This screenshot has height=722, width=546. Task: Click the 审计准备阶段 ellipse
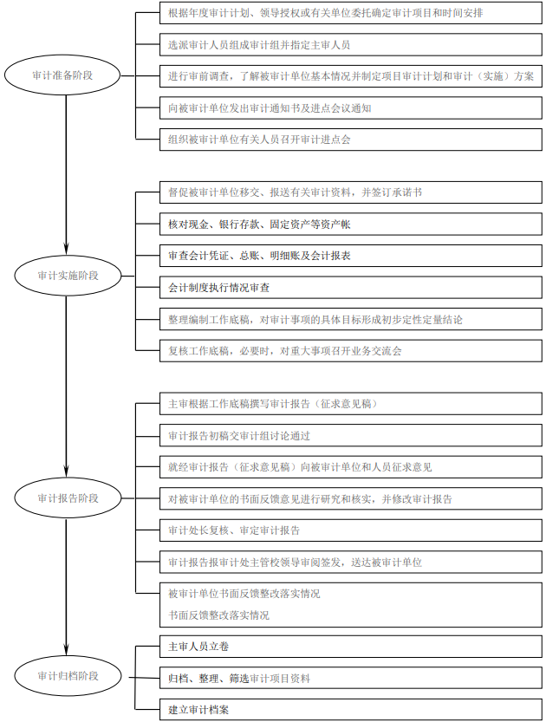point(62,75)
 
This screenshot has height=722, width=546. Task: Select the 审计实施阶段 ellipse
point(68,276)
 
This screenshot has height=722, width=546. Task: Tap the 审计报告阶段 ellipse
point(68,498)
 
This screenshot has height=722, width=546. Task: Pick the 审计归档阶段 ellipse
point(68,675)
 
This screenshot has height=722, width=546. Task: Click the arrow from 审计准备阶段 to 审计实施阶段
point(66,175)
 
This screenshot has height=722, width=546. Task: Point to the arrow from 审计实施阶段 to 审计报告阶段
point(66,387)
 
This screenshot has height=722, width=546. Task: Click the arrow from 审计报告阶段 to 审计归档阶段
point(66,587)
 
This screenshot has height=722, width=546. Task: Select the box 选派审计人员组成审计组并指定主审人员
point(351,45)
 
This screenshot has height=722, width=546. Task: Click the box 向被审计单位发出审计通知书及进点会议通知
point(351,108)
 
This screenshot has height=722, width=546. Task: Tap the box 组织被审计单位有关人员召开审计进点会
point(351,140)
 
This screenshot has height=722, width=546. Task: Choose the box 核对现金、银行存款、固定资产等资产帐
point(351,224)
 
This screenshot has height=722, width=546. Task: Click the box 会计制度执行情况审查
point(351,288)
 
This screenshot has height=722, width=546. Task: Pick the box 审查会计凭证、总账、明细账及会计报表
point(351,256)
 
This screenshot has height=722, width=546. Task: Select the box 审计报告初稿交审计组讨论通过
point(351,436)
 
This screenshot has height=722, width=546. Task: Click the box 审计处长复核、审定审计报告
point(351,530)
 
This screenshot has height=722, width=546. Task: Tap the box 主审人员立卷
point(351,647)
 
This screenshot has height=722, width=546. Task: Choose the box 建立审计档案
point(351,710)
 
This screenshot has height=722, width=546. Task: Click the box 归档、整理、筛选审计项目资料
point(351,678)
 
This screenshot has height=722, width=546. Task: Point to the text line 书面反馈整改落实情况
point(218,615)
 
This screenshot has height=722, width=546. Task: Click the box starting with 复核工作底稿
point(351,351)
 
